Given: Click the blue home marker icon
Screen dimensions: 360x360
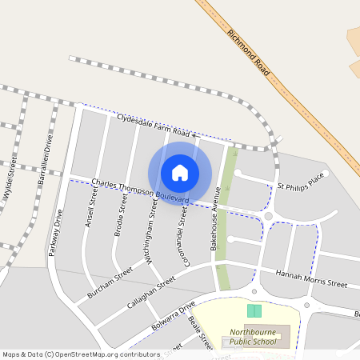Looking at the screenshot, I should pyautogui.click(x=180, y=172).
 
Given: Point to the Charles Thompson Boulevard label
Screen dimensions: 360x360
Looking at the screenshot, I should pyautogui.click(x=140, y=190).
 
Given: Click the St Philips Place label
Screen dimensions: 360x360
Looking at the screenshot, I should pyautogui.click(x=301, y=181).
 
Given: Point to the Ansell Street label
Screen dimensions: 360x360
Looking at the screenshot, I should pyautogui.click(x=90, y=208).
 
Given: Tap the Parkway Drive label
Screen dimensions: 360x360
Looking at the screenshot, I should pyautogui.click(x=56, y=232).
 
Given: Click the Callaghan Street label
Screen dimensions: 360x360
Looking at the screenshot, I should pyautogui.click(x=150, y=294).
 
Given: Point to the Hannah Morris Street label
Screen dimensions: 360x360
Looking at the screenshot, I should pyautogui.click(x=311, y=279).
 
